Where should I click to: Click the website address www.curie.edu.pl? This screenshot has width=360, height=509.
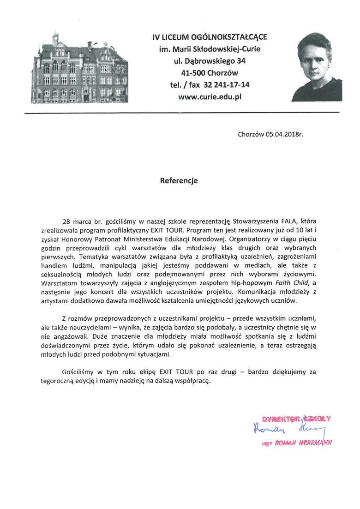[x=210, y=96]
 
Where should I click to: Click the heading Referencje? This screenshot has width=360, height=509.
[x=179, y=181]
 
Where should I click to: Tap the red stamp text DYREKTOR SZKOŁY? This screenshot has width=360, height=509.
[x=296, y=419]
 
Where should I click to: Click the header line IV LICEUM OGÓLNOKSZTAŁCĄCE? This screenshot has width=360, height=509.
[x=210, y=36]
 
